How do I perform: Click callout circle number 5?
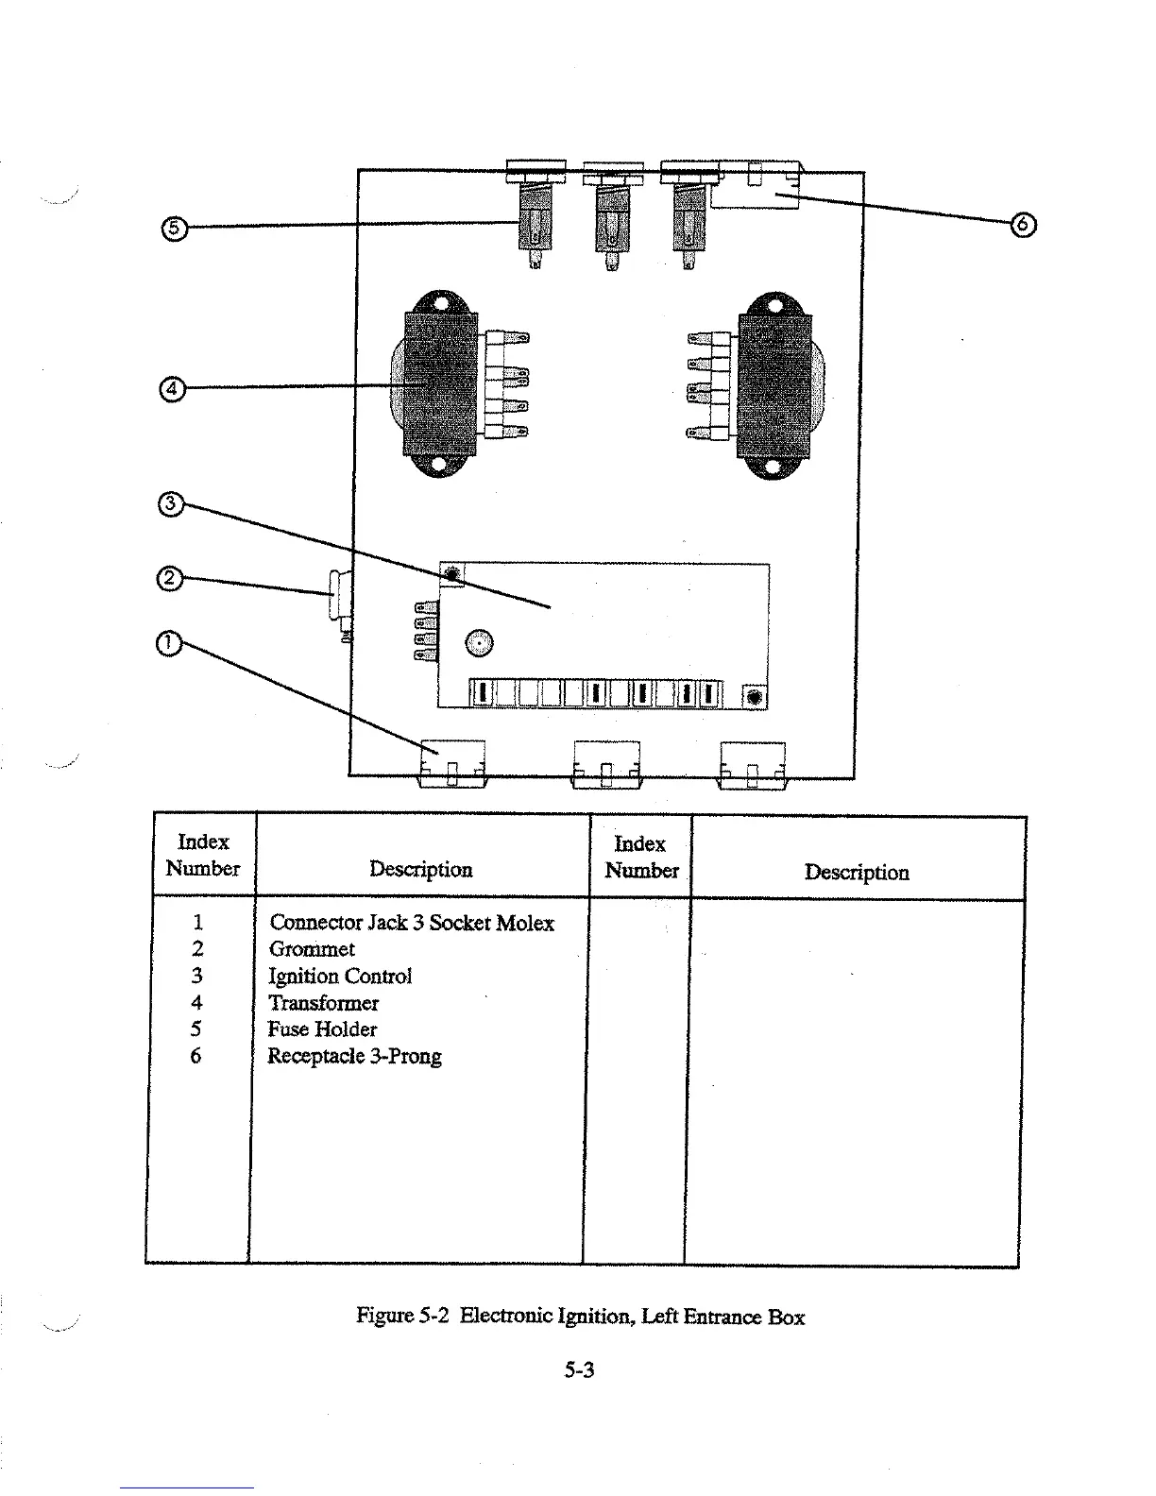174,227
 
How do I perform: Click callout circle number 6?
1023,225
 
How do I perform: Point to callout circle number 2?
168,578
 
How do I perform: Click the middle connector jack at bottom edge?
606,764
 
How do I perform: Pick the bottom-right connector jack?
753,764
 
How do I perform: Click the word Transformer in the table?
323,1003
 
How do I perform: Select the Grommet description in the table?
312,949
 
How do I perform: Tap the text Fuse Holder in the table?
322,1029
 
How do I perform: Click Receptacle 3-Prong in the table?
354,1056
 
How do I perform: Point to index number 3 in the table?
197,976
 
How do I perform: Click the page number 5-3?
579,1369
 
